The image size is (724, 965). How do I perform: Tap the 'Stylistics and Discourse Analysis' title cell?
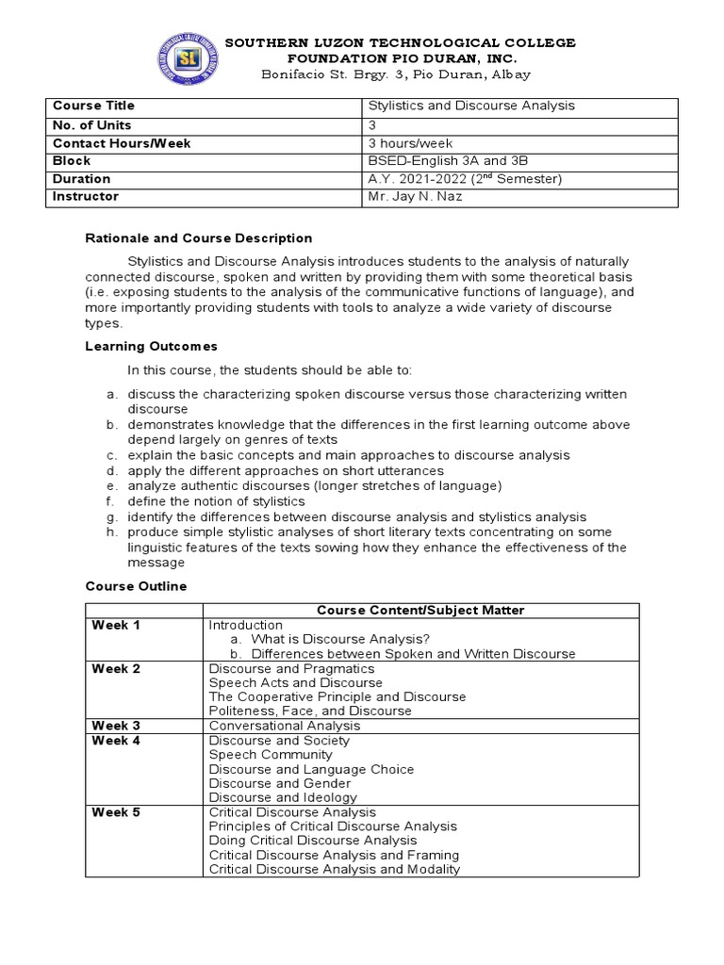(x=471, y=106)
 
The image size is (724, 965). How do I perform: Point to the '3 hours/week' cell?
(x=410, y=143)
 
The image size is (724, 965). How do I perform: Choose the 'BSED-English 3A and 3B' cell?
(x=441, y=161)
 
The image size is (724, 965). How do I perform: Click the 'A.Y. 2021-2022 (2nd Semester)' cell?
(x=465, y=179)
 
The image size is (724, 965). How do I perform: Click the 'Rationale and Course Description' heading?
(x=199, y=238)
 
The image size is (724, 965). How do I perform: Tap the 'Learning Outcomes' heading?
(x=151, y=347)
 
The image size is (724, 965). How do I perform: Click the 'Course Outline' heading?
(x=136, y=586)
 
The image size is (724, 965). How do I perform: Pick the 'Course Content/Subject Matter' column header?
(x=420, y=611)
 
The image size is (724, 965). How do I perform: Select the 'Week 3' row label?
(x=116, y=726)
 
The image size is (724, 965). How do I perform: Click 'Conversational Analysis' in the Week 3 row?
(x=284, y=726)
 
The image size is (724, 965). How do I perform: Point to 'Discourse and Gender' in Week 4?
(x=279, y=783)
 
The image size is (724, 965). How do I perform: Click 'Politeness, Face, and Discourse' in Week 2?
(x=310, y=711)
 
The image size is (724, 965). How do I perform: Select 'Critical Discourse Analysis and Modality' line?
(x=334, y=869)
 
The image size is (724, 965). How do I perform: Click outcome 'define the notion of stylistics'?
(x=216, y=501)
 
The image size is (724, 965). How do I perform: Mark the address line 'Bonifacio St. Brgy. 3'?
(x=383, y=74)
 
